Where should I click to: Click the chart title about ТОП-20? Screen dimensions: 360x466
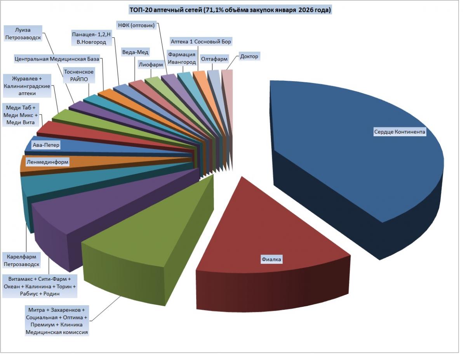(230, 10)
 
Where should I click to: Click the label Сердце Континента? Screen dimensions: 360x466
(400, 132)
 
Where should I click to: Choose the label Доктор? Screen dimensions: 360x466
(249, 57)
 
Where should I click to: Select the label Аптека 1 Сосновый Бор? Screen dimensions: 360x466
(202, 42)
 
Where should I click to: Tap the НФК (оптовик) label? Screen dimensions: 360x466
(136, 26)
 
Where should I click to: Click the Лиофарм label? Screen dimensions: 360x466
(151, 65)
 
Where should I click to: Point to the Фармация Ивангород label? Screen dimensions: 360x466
(181, 58)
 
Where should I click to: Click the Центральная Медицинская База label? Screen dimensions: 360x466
(57, 59)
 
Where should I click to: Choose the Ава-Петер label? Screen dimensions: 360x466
(46, 146)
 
